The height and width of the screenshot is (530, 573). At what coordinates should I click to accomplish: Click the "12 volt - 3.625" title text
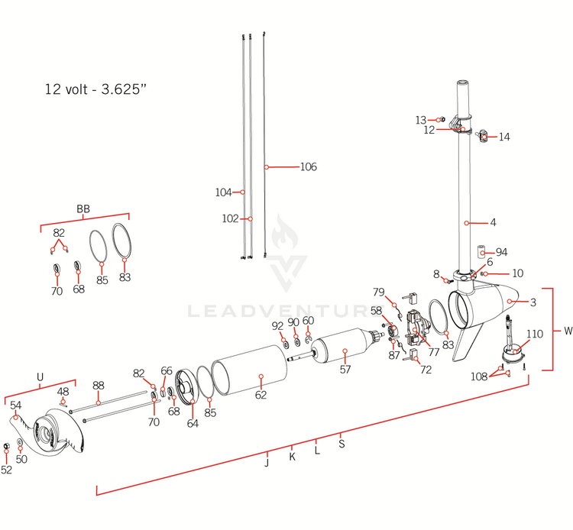coord(95,89)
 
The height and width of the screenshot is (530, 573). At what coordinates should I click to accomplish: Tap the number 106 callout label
coord(308,166)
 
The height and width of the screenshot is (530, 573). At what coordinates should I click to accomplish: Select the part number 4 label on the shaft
coord(493,223)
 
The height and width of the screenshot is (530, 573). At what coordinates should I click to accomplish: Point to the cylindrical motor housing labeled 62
coord(248,378)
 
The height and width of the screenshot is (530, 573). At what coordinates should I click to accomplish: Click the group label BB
coord(83,209)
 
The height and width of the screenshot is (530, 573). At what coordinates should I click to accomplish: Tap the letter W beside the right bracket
coord(568,331)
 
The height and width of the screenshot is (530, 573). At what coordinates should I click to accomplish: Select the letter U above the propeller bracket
coord(40,376)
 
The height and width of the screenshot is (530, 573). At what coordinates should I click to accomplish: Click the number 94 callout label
coord(501,252)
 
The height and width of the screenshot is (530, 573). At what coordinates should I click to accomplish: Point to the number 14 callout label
coord(504,137)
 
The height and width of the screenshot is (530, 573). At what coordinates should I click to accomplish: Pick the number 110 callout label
coord(535,334)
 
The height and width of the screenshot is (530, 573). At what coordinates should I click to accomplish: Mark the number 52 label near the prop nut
coord(7,470)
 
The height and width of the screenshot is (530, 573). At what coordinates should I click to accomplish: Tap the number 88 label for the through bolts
coord(98,386)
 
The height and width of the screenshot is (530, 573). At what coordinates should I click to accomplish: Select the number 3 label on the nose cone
coord(533,302)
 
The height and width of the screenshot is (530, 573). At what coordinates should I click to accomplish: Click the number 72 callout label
coord(426,370)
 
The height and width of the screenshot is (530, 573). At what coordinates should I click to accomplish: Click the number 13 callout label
coord(421,120)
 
